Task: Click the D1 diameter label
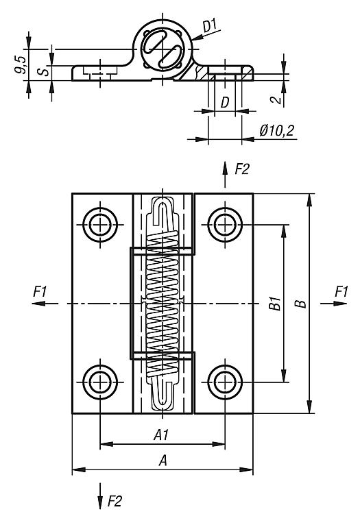coord(211,26)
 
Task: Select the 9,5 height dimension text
coord(21,64)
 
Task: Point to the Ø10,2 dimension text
coord(277,131)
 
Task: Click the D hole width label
coord(225,103)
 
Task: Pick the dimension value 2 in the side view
coord(278,99)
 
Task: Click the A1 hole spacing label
coord(161,435)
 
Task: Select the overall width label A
coord(163,461)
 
